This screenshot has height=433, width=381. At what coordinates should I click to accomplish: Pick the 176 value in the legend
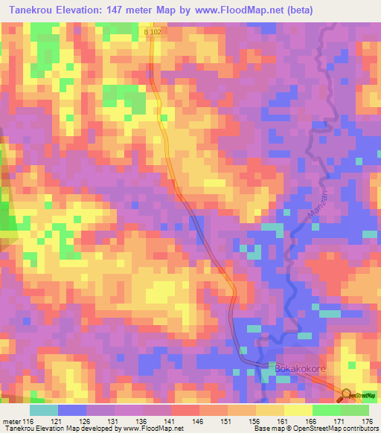(368, 421)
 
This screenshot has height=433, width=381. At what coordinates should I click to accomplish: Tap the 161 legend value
(283, 421)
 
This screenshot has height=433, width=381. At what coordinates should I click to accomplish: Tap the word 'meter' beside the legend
(11, 421)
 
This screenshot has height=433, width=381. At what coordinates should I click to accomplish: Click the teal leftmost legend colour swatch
(44, 410)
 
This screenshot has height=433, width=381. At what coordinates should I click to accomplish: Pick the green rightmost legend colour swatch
(355, 410)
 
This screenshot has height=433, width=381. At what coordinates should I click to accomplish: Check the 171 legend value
(339, 421)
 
